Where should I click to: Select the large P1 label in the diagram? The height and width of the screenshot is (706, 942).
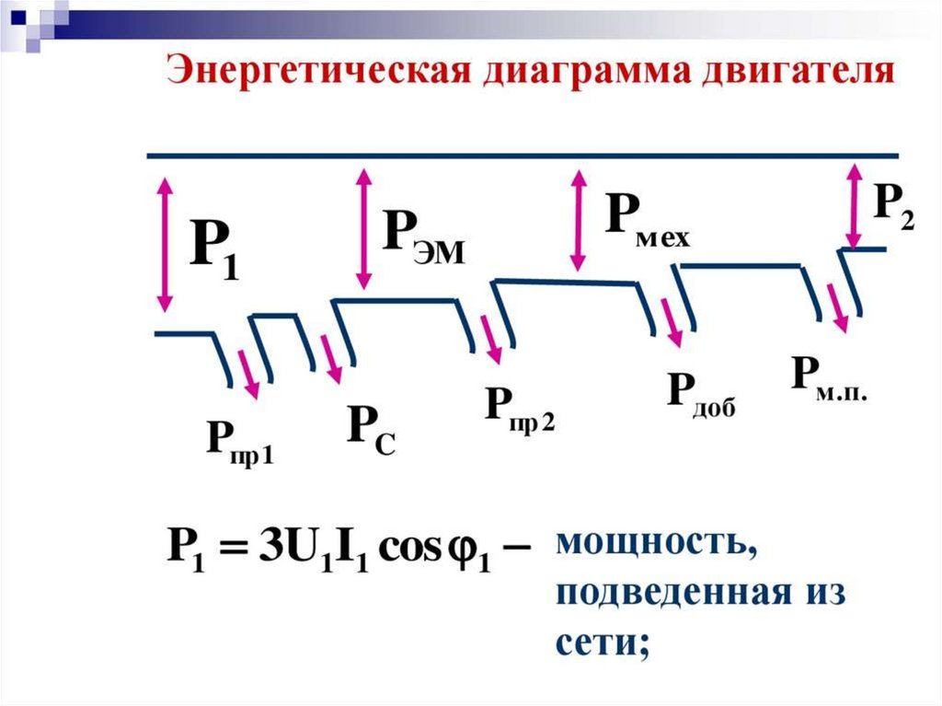(213, 248)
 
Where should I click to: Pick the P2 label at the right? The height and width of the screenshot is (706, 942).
(893, 206)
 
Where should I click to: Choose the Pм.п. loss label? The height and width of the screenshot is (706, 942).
(829, 377)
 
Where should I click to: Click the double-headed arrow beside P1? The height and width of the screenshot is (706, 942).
(165, 244)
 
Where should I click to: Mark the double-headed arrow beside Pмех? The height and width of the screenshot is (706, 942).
(579, 219)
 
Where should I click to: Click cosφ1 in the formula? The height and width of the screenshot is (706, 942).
(438, 555)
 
